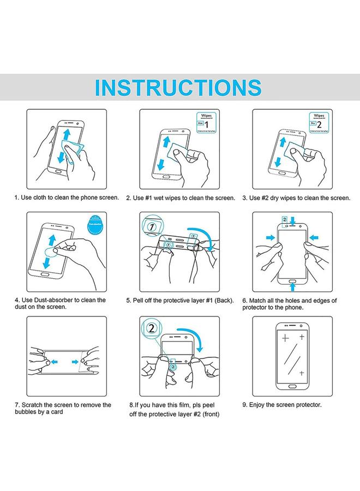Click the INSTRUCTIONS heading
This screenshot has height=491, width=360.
tap(178, 88)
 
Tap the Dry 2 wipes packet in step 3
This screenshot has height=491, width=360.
tap(319, 123)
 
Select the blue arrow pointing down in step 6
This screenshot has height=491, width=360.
tap(293, 220)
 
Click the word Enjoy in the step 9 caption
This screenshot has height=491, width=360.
tap(259, 405)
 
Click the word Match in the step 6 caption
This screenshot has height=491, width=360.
tap(260, 300)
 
